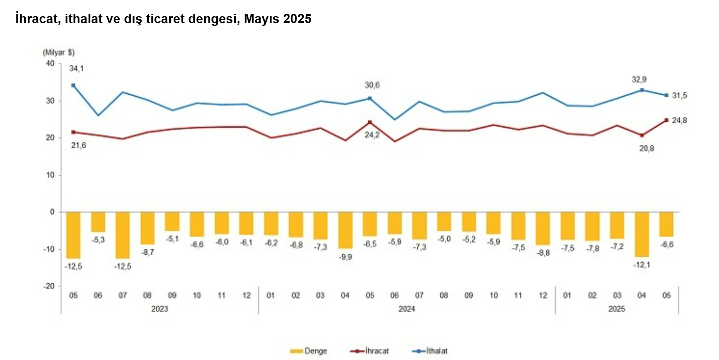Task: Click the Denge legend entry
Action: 308,351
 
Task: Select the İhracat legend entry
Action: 370,351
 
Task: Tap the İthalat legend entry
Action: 430,351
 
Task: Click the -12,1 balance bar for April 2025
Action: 642,234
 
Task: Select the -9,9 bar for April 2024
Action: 345,230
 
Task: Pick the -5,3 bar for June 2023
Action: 98,222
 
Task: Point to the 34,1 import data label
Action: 76,69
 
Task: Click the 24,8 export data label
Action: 679,121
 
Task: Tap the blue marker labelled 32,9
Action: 642,90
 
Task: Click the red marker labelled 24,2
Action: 370,122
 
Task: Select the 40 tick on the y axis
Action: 50,64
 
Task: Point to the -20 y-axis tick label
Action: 49,286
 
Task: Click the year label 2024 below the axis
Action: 407,309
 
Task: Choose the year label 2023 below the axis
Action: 160,309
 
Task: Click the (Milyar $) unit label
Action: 59,52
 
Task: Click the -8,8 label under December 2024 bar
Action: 543,253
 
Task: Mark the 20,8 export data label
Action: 647,148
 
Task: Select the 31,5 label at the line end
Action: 679,96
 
